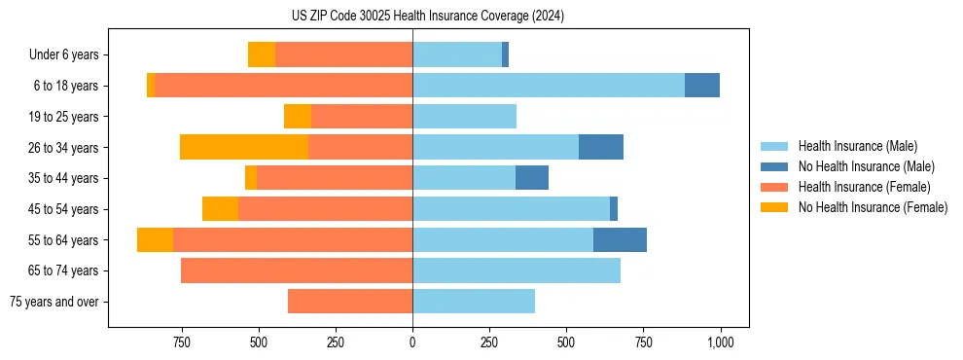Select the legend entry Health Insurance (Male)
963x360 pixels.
[857, 146]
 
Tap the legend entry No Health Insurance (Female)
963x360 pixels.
[872, 207]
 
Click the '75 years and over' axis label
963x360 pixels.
[54, 302]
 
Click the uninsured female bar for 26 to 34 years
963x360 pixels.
[244, 147]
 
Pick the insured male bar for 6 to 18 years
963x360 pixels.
[549, 86]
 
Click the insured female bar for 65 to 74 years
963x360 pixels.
[297, 270]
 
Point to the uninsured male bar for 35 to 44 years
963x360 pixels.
[532, 178]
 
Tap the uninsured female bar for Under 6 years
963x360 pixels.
[262, 54]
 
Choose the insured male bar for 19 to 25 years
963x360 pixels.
[464, 117]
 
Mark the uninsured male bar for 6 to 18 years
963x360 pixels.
[702, 86]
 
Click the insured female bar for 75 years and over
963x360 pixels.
[350, 302]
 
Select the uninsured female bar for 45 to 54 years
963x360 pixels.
[220, 209]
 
